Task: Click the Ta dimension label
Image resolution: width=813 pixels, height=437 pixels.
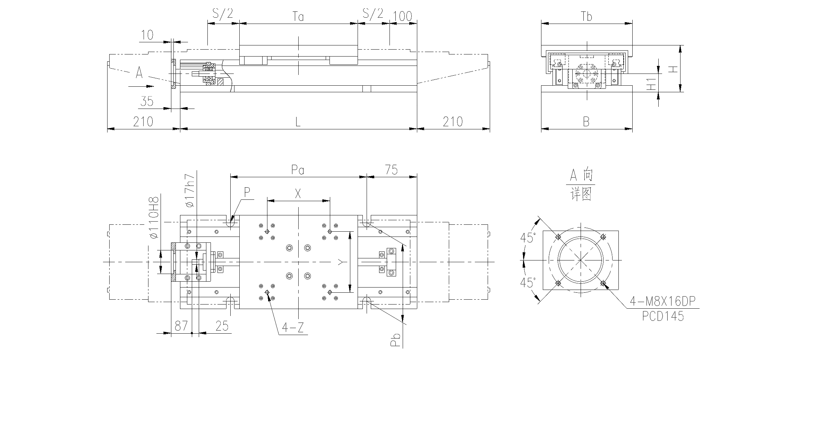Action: pyautogui.click(x=298, y=17)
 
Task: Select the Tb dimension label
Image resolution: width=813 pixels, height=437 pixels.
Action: pyautogui.click(x=587, y=17)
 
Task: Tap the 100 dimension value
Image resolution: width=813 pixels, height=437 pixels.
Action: pyautogui.click(x=403, y=17)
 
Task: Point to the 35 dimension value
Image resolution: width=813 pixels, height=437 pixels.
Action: pyautogui.click(x=147, y=101)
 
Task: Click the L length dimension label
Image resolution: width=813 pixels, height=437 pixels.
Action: pyautogui.click(x=298, y=122)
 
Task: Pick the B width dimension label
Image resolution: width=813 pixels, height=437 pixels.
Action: pyautogui.click(x=586, y=122)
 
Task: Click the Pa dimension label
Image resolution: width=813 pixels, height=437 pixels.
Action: pyautogui.click(x=298, y=170)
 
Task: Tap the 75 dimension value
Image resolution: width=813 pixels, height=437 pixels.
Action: pyautogui.click(x=391, y=170)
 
